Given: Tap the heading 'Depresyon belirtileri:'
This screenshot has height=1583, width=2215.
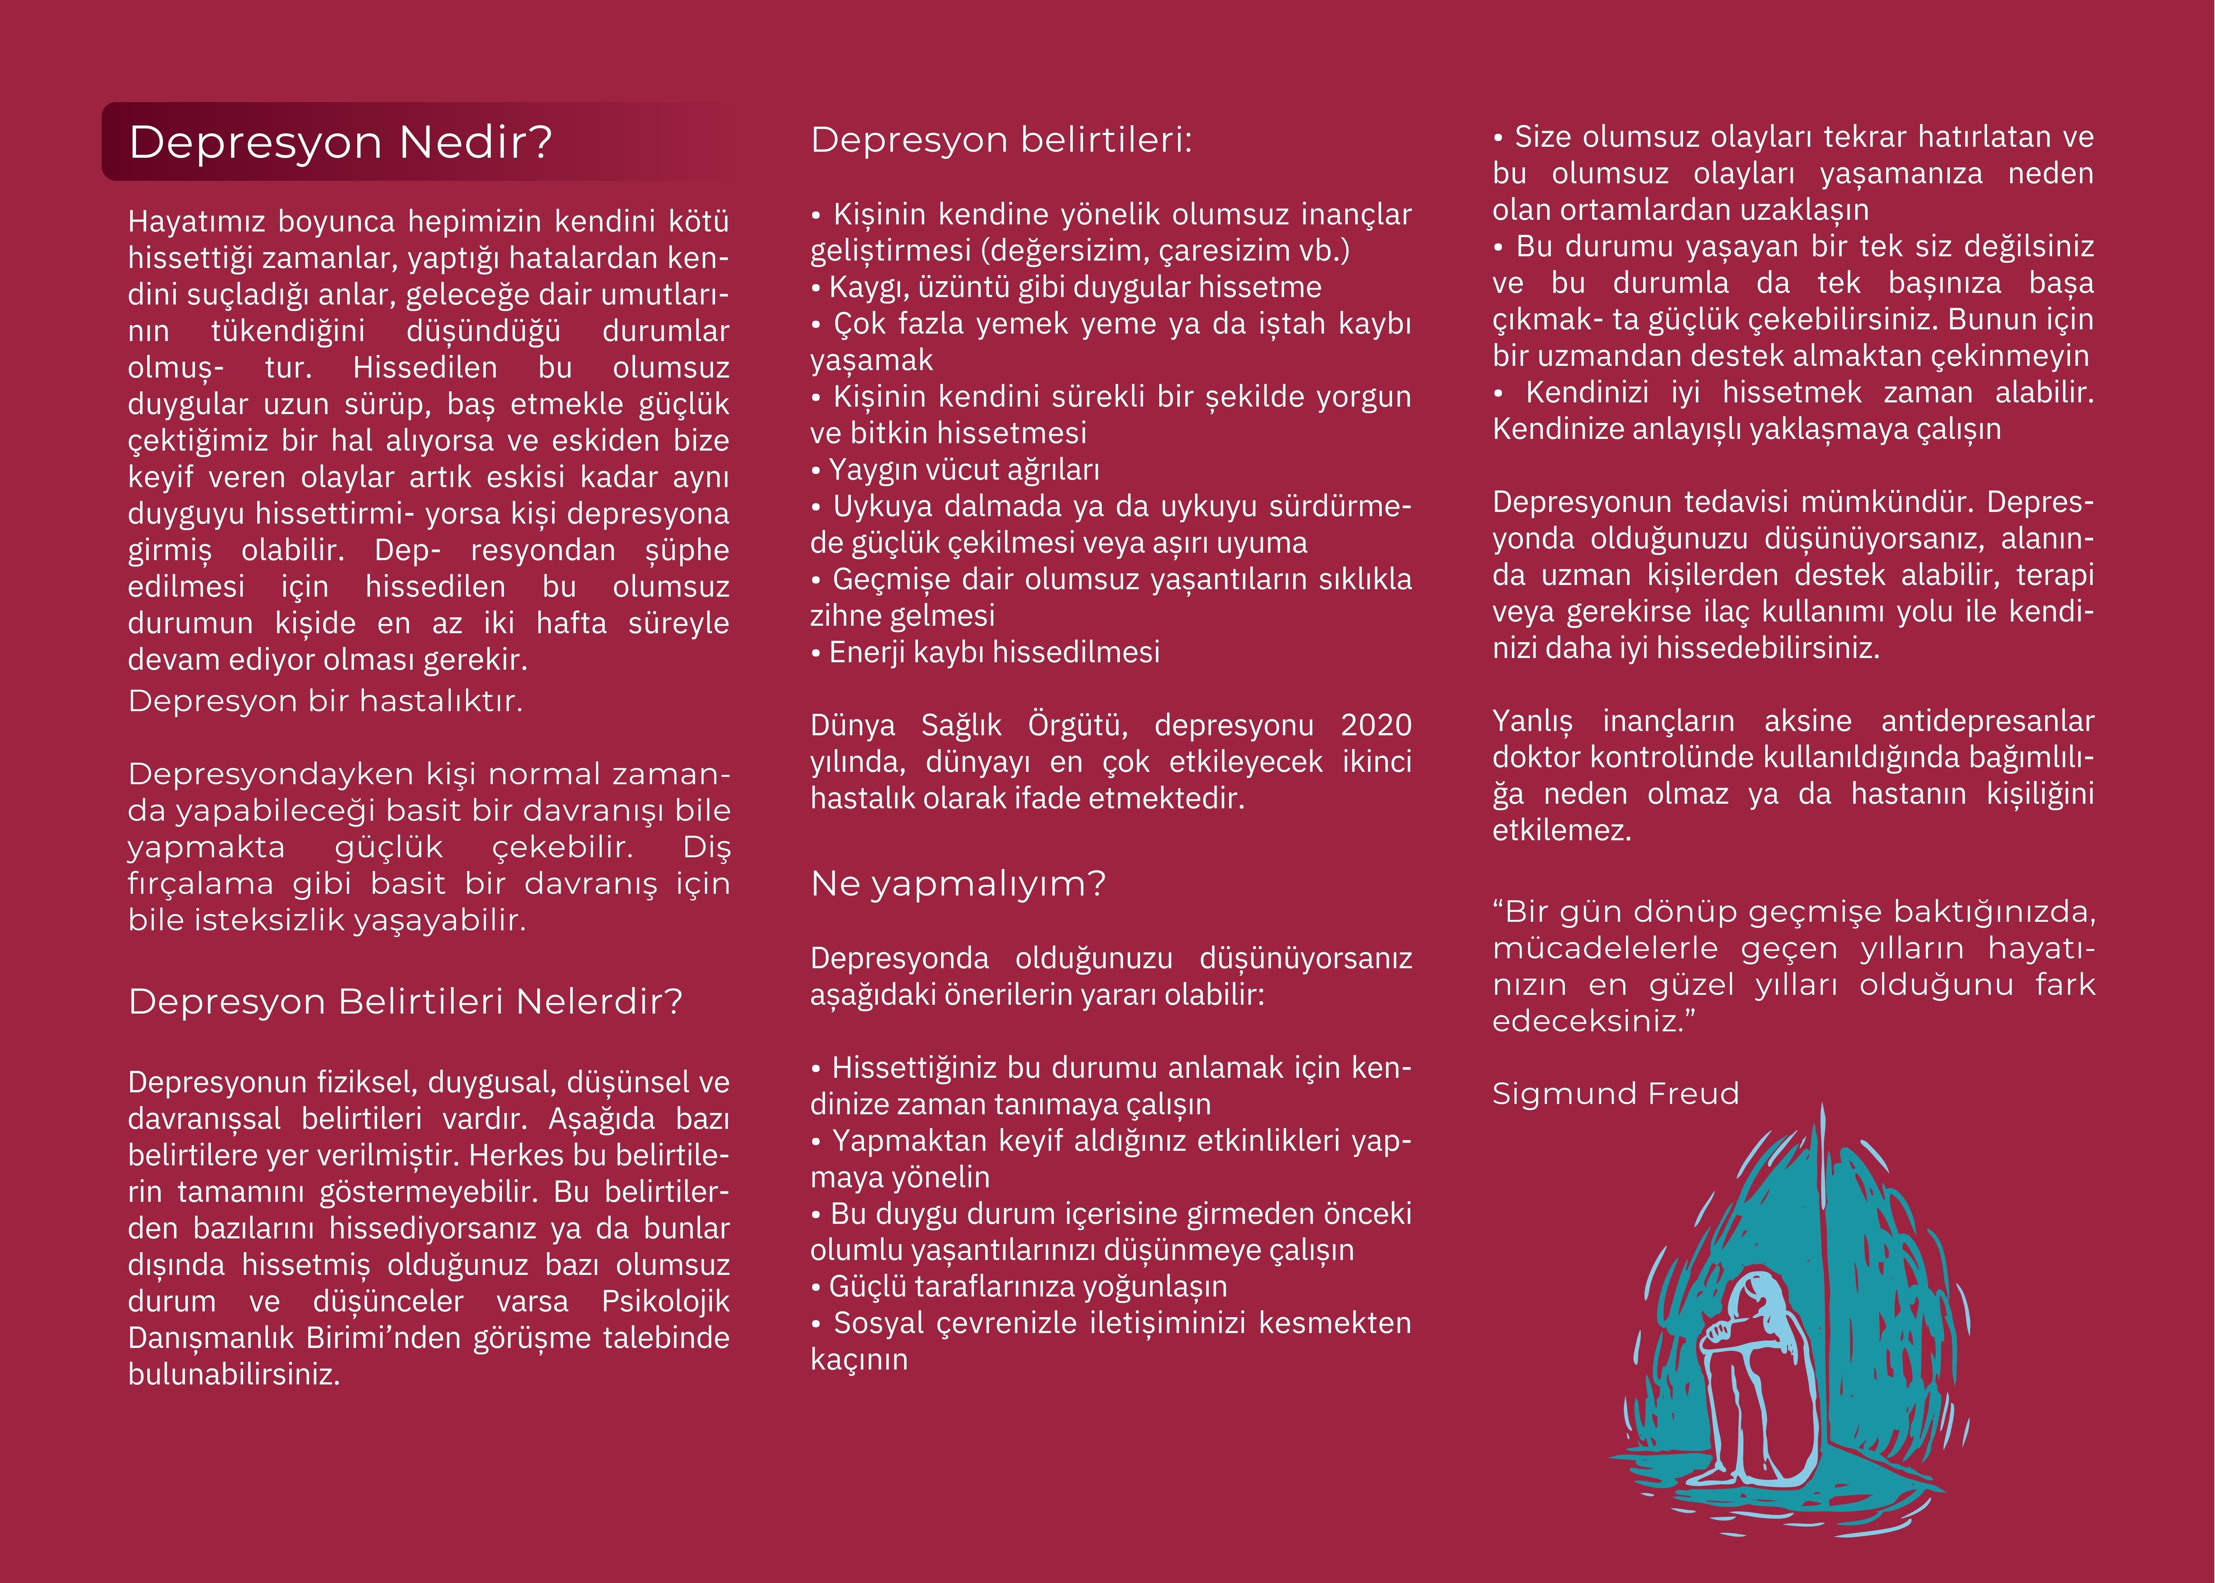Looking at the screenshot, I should click(x=1001, y=140).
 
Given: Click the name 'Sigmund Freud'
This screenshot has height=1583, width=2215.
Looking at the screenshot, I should click(x=1615, y=1094).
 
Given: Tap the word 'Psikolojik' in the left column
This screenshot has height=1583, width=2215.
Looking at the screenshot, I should click(x=664, y=1301).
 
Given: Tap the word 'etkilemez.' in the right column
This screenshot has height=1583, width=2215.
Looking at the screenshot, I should click(x=1561, y=830).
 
